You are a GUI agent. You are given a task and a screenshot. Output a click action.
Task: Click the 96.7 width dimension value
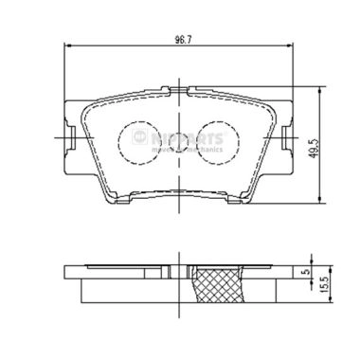[x=177, y=40]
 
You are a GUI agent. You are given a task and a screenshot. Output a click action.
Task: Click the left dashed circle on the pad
[x=137, y=142]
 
